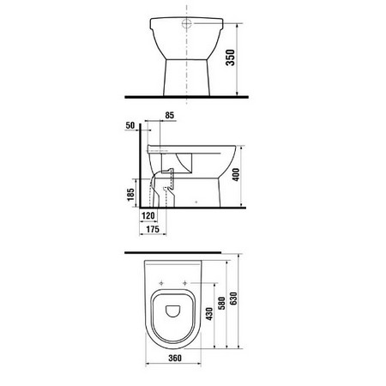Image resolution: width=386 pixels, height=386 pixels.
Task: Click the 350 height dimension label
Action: coord(231,57)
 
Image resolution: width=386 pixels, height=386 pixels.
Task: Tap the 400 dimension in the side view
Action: coord(236,174)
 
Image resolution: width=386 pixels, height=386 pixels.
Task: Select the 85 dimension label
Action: coord(170,115)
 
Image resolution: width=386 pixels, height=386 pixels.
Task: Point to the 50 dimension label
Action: coord(130,125)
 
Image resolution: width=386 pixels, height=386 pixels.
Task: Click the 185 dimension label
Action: coord(130,195)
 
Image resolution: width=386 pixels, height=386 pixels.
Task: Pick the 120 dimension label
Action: coord(148,215)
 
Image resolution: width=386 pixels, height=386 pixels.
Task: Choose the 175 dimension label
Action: coord(153,229)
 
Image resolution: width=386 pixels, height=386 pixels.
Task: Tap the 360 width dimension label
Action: coord(175,358)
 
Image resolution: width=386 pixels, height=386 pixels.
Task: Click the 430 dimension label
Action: coord(209,314)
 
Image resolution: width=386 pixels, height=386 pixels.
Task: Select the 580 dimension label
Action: coord(221,304)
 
